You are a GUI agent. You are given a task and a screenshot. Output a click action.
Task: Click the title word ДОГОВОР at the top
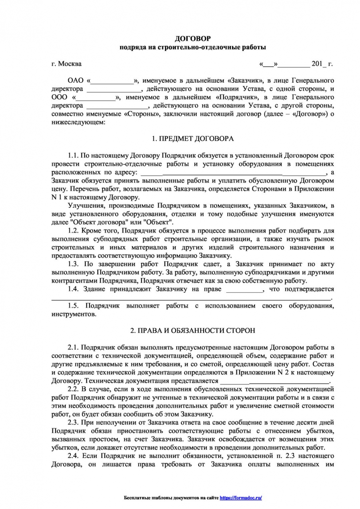tap(193, 38)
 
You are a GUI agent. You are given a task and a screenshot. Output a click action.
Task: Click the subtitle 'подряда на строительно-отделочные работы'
tap(193, 47)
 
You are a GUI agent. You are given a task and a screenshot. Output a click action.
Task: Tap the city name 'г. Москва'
tap(66, 64)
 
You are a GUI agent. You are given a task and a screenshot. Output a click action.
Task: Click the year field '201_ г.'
tap(322, 64)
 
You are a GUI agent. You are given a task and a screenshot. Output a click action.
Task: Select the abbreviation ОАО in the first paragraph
tap(75, 81)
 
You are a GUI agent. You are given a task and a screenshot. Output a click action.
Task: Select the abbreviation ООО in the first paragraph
tap(59, 97)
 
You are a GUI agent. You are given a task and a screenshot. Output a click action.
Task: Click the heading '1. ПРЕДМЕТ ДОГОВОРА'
tap(193, 139)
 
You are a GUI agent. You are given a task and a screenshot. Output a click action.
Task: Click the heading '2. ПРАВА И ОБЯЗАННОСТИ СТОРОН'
tap(193, 331)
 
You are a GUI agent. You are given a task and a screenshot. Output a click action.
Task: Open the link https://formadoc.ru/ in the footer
tap(241, 498)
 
